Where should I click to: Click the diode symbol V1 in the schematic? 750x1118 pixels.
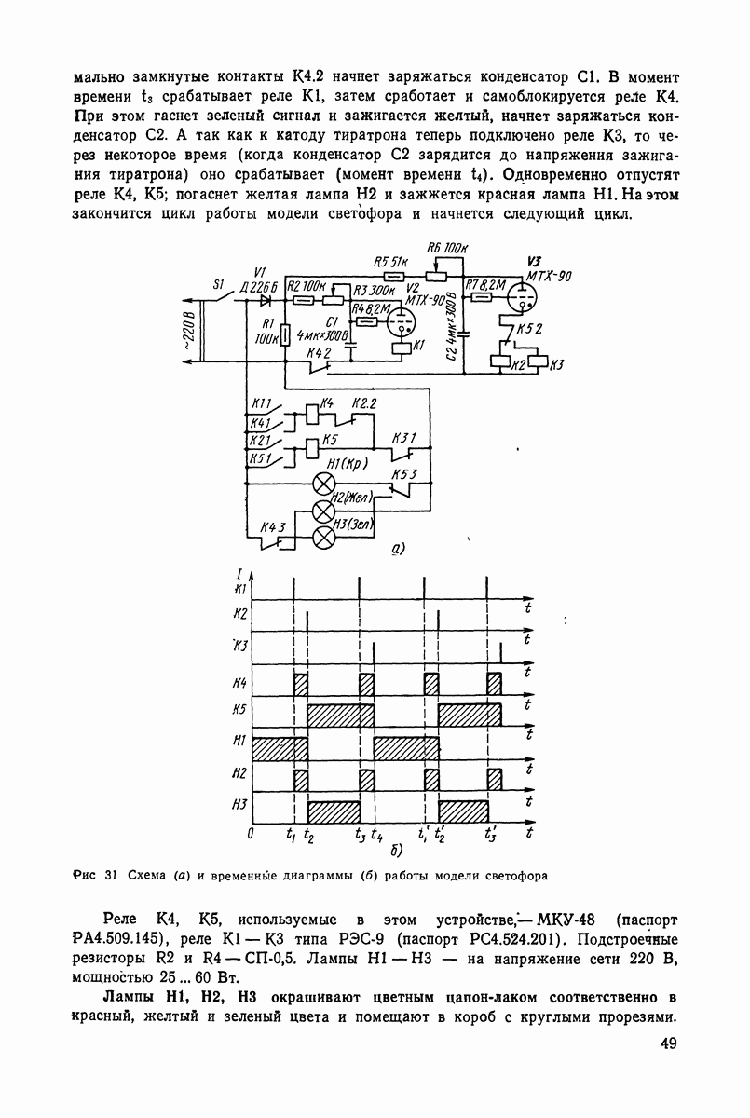(266, 300)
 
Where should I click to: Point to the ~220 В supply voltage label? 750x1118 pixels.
(189, 336)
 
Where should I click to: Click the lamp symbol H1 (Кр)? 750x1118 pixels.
(324, 483)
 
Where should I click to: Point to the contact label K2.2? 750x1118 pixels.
(364, 402)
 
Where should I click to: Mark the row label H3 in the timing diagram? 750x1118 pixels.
(239, 805)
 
